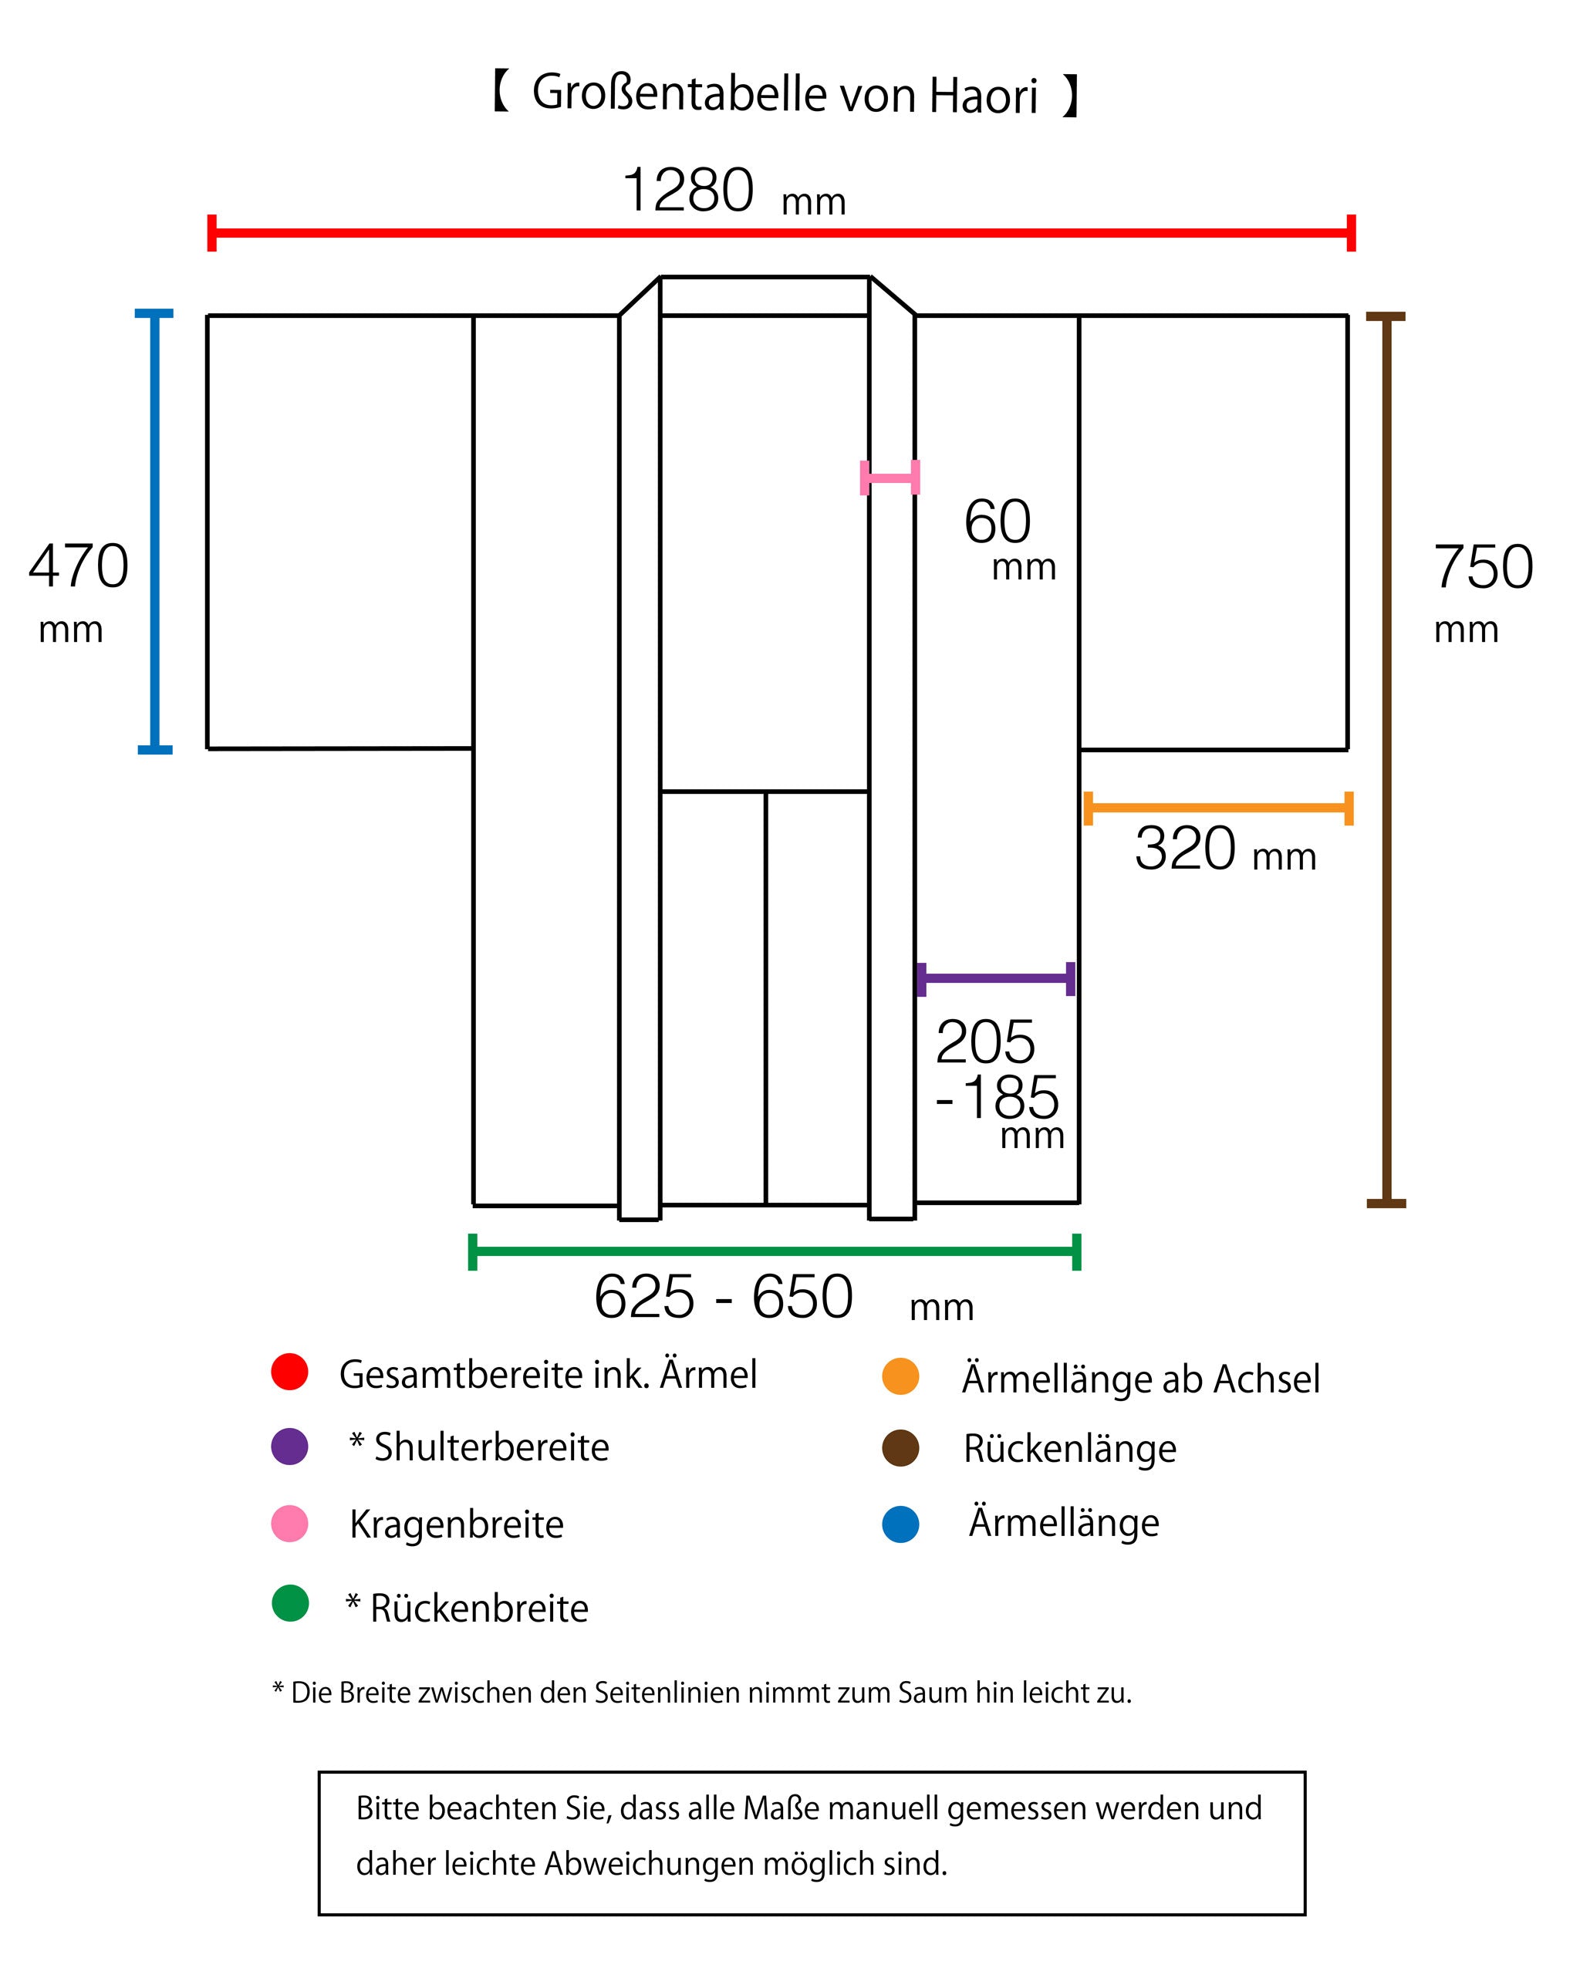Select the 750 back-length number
tap(1483, 567)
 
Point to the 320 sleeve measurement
tap(1185, 849)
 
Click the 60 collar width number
tap(998, 522)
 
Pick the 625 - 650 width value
tap(724, 1297)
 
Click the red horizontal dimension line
tap(782, 233)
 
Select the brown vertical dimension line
tap(1386, 759)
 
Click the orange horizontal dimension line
tap(1218, 808)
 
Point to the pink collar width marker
tap(890, 478)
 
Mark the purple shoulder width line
tap(996, 979)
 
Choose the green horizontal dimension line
tap(775, 1252)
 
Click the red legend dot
tap(289, 1372)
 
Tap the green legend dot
tap(290, 1603)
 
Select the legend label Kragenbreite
tap(456, 1524)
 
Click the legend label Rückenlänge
tap(1070, 1449)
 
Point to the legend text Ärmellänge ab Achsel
tap(1141, 1378)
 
